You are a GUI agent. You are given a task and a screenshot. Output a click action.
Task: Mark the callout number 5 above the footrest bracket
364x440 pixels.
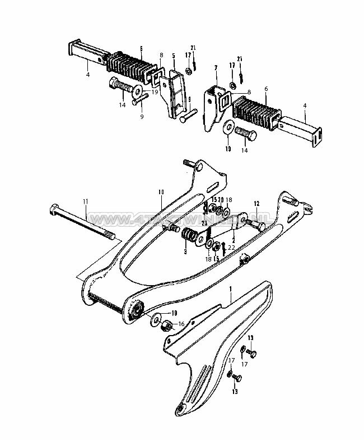(x=173, y=56)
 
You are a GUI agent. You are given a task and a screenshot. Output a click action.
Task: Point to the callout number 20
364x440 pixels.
(x=221, y=200)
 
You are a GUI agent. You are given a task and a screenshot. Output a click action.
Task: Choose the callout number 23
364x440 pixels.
(x=205, y=223)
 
